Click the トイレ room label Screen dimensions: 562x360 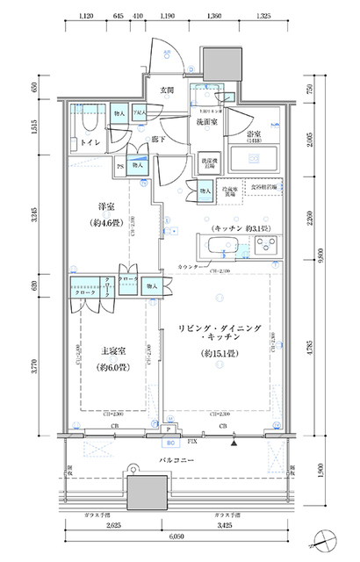[x=90, y=140]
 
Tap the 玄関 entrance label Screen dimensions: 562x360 [x=167, y=90]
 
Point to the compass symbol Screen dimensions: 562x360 [x=326, y=538]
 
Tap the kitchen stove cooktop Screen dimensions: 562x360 [x=263, y=247]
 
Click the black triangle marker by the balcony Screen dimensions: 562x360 [x=233, y=444]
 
